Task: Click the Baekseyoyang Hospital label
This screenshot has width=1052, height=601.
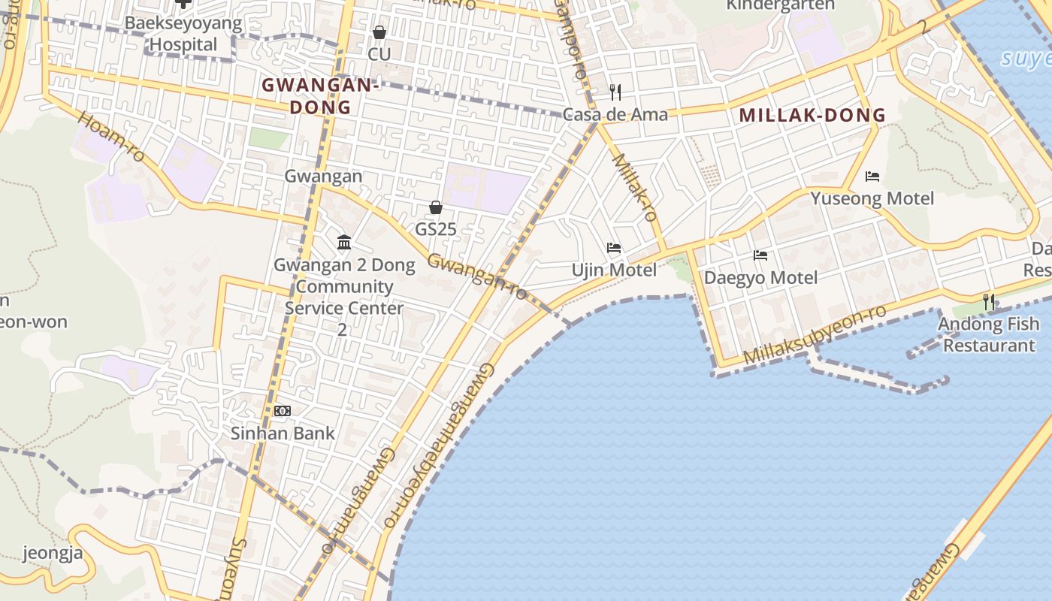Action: point(183,34)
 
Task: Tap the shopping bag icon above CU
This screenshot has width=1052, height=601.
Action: point(379,32)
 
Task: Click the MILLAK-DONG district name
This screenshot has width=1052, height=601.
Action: point(812,116)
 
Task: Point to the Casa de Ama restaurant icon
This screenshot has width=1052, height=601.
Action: point(615,92)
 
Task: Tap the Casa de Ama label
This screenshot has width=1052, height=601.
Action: point(615,115)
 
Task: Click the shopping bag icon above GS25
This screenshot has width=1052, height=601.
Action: point(435,207)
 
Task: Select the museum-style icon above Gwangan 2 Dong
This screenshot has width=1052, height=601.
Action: point(344,242)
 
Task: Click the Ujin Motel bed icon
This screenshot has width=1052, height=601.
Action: point(614,248)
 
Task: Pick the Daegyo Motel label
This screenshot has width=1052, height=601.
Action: point(760,278)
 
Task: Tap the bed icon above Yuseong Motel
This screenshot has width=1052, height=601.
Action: point(872,177)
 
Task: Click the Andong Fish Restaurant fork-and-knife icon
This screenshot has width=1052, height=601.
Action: point(989,302)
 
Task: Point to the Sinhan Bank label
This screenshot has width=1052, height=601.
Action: point(283,433)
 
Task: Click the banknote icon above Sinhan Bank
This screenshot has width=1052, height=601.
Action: point(283,411)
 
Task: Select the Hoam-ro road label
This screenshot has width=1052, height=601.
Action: point(111,137)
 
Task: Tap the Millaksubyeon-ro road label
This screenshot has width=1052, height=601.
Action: point(815,335)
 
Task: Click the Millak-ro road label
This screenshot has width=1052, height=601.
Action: point(636,188)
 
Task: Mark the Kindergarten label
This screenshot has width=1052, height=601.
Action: point(781,5)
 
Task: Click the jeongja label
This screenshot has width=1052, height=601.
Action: point(53,554)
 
